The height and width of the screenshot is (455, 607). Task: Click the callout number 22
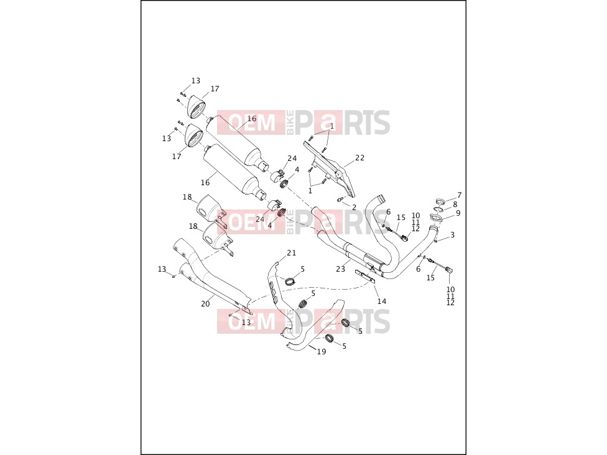(359, 157)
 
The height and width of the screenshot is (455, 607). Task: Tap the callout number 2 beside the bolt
(354, 208)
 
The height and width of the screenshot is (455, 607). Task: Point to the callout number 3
(452, 235)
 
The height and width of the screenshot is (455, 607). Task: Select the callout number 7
(459, 195)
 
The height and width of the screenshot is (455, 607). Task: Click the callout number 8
(455, 205)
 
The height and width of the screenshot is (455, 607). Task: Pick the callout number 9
(458, 213)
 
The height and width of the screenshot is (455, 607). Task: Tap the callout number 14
(382, 301)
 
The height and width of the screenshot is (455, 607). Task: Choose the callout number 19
(322, 351)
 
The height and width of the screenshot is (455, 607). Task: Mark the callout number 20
(205, 304)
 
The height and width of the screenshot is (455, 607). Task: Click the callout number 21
(291, 252)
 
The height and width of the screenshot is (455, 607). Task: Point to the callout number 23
(340, 269)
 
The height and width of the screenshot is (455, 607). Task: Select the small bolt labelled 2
(340, 200)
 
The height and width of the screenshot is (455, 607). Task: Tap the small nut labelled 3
(435, 241)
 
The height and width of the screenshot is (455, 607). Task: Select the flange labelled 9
(436, 218)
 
